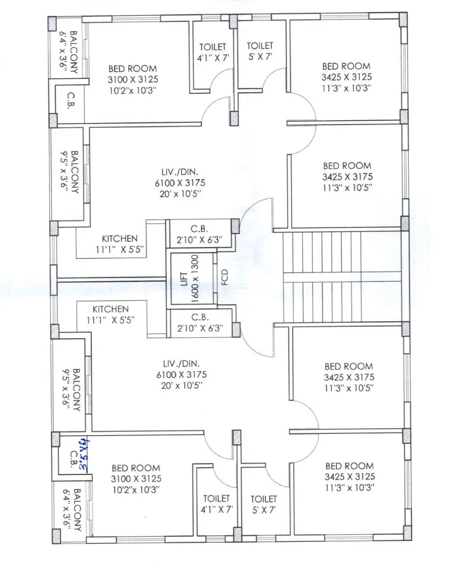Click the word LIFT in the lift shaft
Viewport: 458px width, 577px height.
point(184,278)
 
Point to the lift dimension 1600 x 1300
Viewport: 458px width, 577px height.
point(195,278)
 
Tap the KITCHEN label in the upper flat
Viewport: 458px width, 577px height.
point(120,239)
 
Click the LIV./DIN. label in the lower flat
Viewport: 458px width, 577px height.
point(181,364)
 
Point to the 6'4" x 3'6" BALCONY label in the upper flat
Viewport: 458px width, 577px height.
point(69,50)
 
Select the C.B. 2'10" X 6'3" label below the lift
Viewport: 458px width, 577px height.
point(200,323)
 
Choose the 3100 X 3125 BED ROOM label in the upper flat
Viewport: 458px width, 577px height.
point(132,80)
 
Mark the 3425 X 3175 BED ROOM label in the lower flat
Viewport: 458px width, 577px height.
point(349,377)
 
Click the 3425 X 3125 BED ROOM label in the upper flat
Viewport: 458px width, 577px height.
point(346,77)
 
